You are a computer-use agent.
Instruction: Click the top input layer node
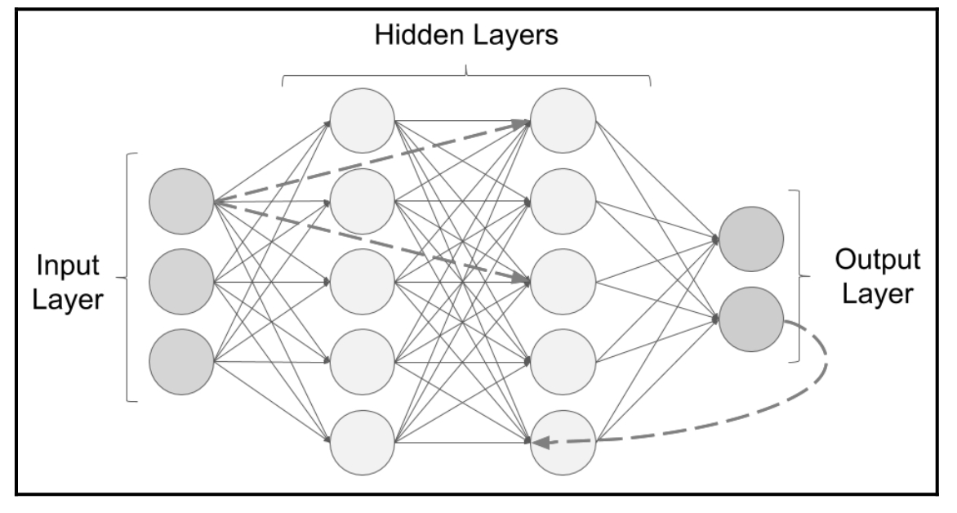pos(181,200)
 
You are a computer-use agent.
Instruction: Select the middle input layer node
pos(181,280)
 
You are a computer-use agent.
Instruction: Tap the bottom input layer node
pos(181,360)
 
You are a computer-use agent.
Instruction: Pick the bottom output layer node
pos(752,319)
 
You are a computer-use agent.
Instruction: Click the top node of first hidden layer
pos(362,121)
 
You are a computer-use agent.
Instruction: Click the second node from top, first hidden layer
pos(362,200)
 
